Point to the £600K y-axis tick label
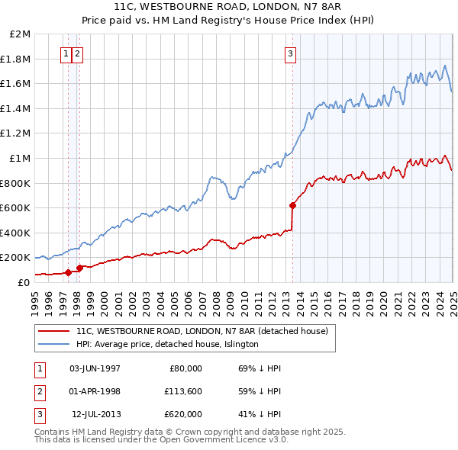click(x=16, y=207)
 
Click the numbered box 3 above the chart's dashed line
click(x=291, y=53)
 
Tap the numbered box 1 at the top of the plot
click(x=67, y=53)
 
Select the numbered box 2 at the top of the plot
click(x=79, y=53)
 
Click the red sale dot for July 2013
click(x=292, y=205)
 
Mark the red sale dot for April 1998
click(x=79, y=268)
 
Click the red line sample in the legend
click(x=53, y=331)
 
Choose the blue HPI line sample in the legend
click(x=53, y=344)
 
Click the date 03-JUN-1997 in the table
click(x=95, y=368)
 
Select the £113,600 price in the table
click(x=180, y=391)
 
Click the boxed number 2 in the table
click(x=38, y=391)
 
